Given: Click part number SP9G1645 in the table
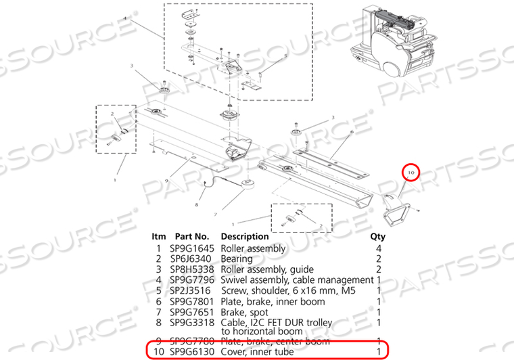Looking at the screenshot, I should point(195,248).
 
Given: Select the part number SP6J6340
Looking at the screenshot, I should point(195,258).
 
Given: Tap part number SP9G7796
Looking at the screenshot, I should point(195,279).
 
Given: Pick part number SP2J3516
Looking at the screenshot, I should point(195,290).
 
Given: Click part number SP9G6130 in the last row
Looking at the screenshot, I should point(195,351).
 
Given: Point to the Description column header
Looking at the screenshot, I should point(244,237).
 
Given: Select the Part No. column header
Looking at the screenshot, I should point(195,237).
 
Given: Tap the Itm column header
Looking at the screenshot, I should point(158,237).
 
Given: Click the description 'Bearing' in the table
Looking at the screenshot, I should point(237,258).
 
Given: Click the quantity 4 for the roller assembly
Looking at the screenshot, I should point(379,248).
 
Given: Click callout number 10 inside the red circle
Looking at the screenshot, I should point(410,173).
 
